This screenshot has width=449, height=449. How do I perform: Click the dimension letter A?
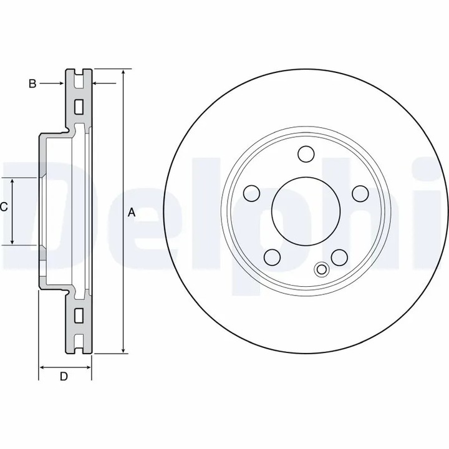point(132,213)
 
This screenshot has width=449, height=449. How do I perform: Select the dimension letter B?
point(32,83)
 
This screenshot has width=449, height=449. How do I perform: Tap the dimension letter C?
point(4,207)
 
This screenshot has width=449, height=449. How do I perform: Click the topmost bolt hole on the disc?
point(306,153)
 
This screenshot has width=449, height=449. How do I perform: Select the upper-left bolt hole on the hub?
point(251,193)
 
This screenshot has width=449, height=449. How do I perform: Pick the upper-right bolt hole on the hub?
point(360,193)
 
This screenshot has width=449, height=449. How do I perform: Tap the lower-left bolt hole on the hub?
point(272,257)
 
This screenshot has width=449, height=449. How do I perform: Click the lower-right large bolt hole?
point(339,257)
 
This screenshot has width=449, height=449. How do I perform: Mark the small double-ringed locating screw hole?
point(322,269)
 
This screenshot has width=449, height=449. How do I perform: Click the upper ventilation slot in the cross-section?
point(79,107)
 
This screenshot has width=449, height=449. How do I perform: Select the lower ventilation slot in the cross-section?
point(79,316)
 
